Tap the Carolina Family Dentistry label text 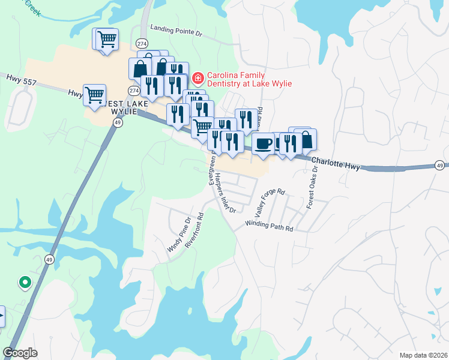click(x=249, y=79)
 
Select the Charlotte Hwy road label click(x=336, y=163)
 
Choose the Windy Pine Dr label click(x=178, y=234)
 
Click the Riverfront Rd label click(x=196, y=230)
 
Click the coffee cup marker click(x=263, y=143)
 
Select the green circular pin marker click(x=25, y=281)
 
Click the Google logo click(x=20, y=353)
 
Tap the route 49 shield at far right click(x=440, y=165)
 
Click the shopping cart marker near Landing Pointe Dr click(x=107, y=40)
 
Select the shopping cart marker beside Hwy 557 click(x=95, y=95)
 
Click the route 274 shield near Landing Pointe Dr click(x=142, y=44)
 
